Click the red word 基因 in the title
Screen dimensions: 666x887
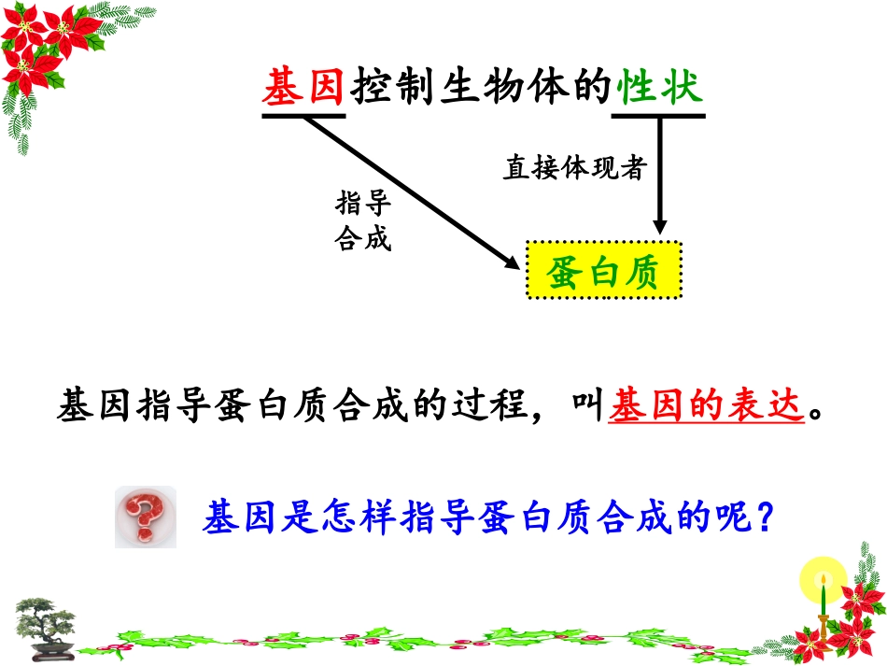coord(304,91)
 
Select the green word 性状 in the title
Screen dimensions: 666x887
coord(659,91)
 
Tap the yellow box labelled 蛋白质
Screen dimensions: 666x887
coord(603,271)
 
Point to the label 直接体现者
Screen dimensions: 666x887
coord(575,169)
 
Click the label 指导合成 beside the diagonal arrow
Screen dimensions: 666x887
coord(362,222)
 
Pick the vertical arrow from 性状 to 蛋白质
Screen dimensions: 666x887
coord(659,173)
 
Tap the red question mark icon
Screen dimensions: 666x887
coord(145,517)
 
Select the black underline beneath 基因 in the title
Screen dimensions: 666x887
coord(304,117)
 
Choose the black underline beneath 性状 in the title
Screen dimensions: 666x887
coord(659,117)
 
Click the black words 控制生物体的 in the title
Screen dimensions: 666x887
coord(482,91)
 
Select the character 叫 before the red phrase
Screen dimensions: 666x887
coord(587,409)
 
